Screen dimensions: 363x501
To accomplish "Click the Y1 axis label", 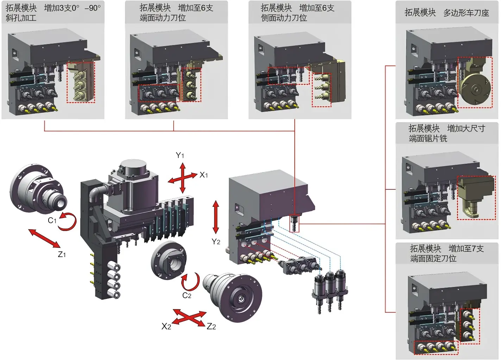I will tap(180, 155).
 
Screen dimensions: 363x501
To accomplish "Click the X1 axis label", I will tap(204, 175).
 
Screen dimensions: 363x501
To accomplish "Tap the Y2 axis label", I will tap(216, 242).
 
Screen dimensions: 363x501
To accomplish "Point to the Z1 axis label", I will tap(62, 254).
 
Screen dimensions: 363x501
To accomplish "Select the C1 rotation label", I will tap(52, 220).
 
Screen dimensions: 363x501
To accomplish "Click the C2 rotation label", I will tap(187, 295).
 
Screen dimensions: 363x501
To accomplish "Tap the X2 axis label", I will tap(166, 326).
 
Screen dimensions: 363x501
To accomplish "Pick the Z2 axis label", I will tap(211, 326).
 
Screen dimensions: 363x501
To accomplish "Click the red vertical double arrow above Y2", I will tap(216, 217).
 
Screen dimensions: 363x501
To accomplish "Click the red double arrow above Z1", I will tap(44, 238).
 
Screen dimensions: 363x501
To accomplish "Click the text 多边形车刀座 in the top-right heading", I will tap(466, 13).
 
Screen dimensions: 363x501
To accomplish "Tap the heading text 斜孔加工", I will tap(21, 18).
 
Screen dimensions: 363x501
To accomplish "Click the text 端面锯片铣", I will tap(428, 138).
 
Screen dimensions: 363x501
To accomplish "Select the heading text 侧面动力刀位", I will tap(284, 18).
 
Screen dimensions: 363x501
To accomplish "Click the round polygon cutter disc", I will tap(475, 89).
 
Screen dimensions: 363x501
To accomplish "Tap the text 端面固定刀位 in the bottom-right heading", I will tap(433, 258).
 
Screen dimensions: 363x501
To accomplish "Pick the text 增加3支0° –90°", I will tap(73, 8).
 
